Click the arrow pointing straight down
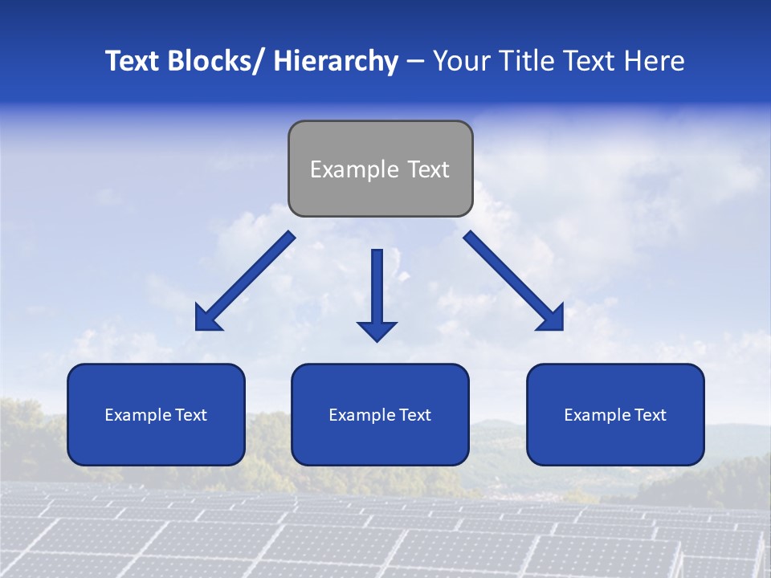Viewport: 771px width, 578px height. tap(377, 293)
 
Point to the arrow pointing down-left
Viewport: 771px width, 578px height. tap(245, 281)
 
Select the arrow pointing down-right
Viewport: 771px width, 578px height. tap(514, 281)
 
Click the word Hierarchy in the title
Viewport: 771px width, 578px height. tap(336, 61)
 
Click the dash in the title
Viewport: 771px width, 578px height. tap(415, 63)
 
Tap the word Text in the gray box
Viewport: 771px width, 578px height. tap(427, 169)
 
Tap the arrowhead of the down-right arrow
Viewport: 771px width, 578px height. tap(553, 320)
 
